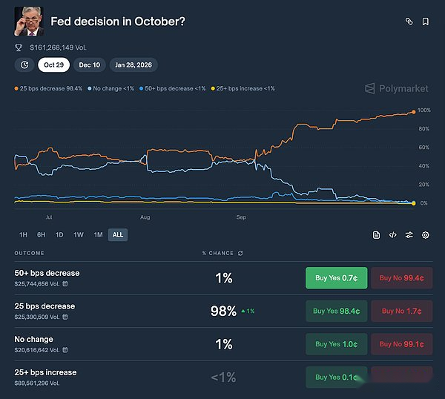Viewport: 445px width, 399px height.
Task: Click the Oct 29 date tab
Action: click(54, 65)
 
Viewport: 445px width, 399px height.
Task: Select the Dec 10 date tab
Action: click(90, 65)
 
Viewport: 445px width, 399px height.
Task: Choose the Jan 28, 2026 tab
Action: click(134, 65)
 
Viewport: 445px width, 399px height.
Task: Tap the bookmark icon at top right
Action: click(426, 22)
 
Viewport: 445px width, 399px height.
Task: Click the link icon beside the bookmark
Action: click(409, 22)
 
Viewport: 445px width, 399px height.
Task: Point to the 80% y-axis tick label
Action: click(423, 129)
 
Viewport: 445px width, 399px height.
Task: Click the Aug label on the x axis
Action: click(145, 218)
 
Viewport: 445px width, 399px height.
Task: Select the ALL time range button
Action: click(117, 235)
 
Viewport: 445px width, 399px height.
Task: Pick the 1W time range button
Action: click(79, 235)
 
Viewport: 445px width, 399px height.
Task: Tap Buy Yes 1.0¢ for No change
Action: click(336, 344)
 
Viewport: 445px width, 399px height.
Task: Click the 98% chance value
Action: click(223, 311)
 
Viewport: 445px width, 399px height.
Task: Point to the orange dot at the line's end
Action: click(413, 112)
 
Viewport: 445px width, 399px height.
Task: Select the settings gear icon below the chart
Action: click(426, 235)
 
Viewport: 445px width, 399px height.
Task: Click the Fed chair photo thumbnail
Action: click(28, 22)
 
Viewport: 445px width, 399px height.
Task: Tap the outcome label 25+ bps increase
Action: click(45, 372)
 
